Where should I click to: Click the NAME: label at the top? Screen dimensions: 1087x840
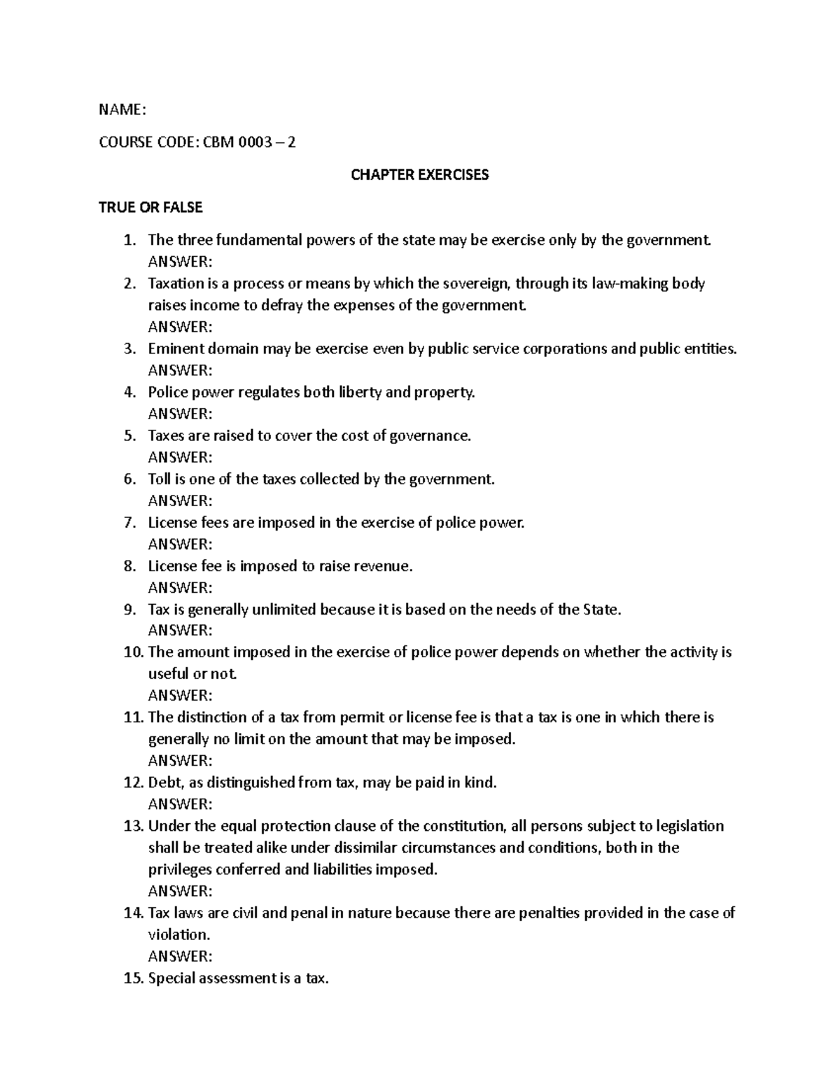coord(122,109)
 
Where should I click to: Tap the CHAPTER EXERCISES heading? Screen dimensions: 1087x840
coord(419,174)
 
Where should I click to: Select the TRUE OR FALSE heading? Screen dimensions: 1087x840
coord(150,207)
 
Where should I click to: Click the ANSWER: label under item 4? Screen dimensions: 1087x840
coord(180,414)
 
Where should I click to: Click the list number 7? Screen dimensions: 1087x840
coord(129,522)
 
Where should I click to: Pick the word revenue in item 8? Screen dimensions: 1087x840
coord(384,566)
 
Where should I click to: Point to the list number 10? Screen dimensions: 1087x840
coord(132,652)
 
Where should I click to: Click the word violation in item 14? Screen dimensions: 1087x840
coord(178,934)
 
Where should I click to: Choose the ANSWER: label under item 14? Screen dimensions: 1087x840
coord(180,956)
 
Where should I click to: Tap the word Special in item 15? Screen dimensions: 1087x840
coord(172,979)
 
